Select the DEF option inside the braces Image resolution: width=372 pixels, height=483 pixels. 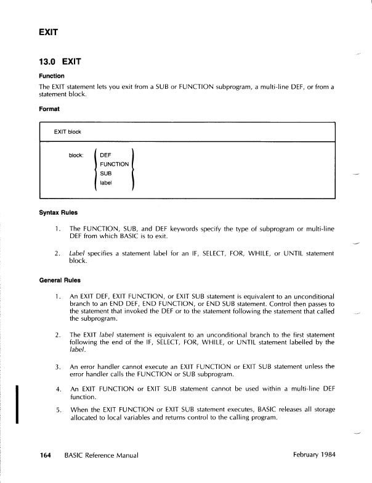[x=105, y=155]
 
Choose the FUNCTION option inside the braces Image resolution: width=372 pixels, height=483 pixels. [x=114, y=164]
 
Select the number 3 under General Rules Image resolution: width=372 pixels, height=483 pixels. [x=57, y=367]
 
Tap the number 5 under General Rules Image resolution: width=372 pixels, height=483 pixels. [x=57, y=410]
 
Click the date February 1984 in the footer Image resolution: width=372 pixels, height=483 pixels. [x=313, y=455]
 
